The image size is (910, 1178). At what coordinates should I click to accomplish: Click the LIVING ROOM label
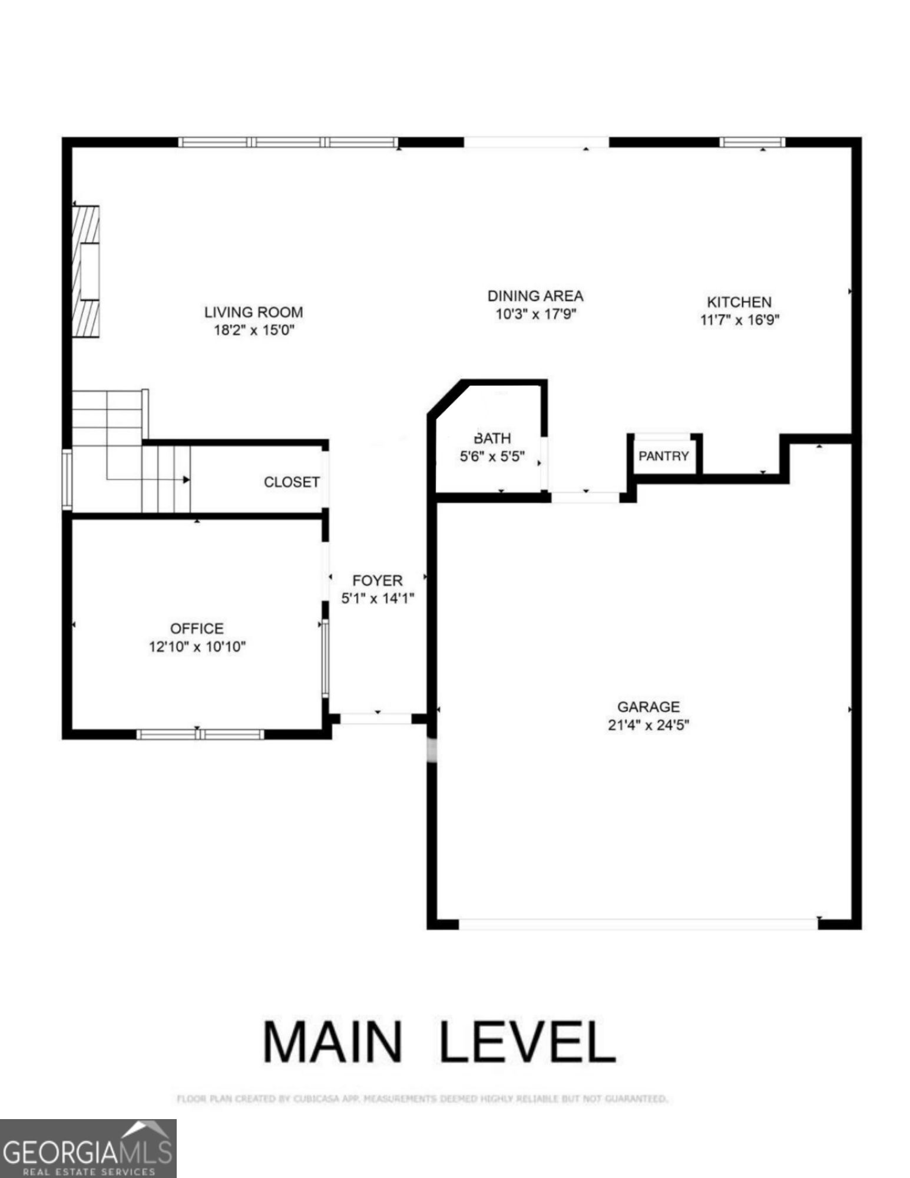[x=253, y=312]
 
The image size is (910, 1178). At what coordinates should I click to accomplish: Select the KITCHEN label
[x=739, y=302]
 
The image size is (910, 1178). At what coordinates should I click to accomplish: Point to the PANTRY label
[x=663, y=456]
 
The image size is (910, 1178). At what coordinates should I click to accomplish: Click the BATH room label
[x=492, y=438]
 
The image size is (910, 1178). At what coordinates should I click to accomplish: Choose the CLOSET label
[x=292, y=482]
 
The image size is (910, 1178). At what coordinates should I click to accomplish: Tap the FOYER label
[x=378, y=580]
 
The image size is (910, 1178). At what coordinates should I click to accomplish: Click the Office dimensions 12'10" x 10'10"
[x=197, y=647]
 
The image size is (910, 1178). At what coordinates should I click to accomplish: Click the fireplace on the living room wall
[x=86, y=271]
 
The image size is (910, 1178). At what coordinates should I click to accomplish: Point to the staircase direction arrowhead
[x=186, y=479]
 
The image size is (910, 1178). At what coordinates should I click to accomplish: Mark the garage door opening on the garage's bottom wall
[x=638, y=924]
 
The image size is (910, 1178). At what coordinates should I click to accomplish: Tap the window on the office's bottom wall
[x=200, y=734]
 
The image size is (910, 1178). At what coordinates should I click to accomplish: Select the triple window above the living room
[x=288, y=142]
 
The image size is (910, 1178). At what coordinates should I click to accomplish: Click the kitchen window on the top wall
[x=752, y=142]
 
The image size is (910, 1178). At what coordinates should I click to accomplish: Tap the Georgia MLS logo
[x=88, y=1149]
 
